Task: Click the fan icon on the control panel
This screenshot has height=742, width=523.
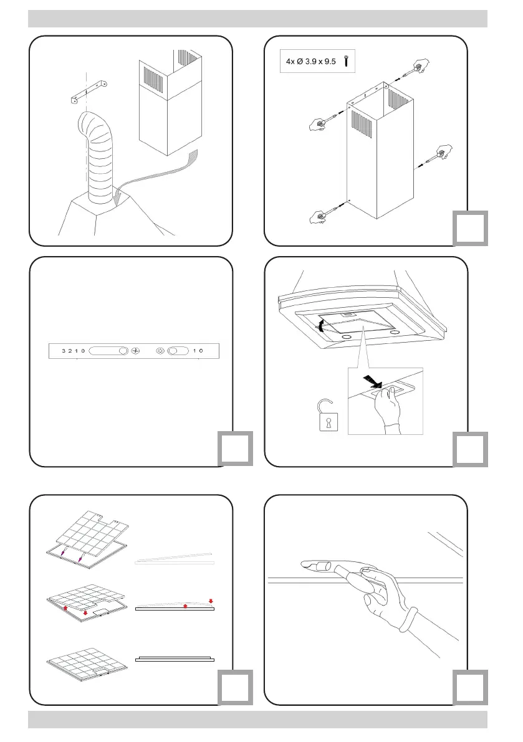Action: pyautogui.click(x=137, y=351)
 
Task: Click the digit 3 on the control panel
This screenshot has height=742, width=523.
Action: pyautogui.click(x=64, y=351)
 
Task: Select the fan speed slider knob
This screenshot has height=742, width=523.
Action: pyautogui.click(x=122, y=351)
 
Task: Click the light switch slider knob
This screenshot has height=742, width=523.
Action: pyautogui.click(x=173, y=351)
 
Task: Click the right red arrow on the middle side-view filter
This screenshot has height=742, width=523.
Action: pyautogui.click(x=211, y=601)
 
